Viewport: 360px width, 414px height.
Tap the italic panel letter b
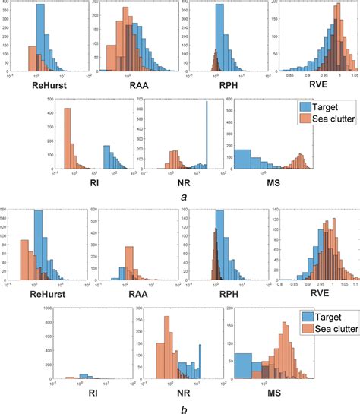pos(185,407)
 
